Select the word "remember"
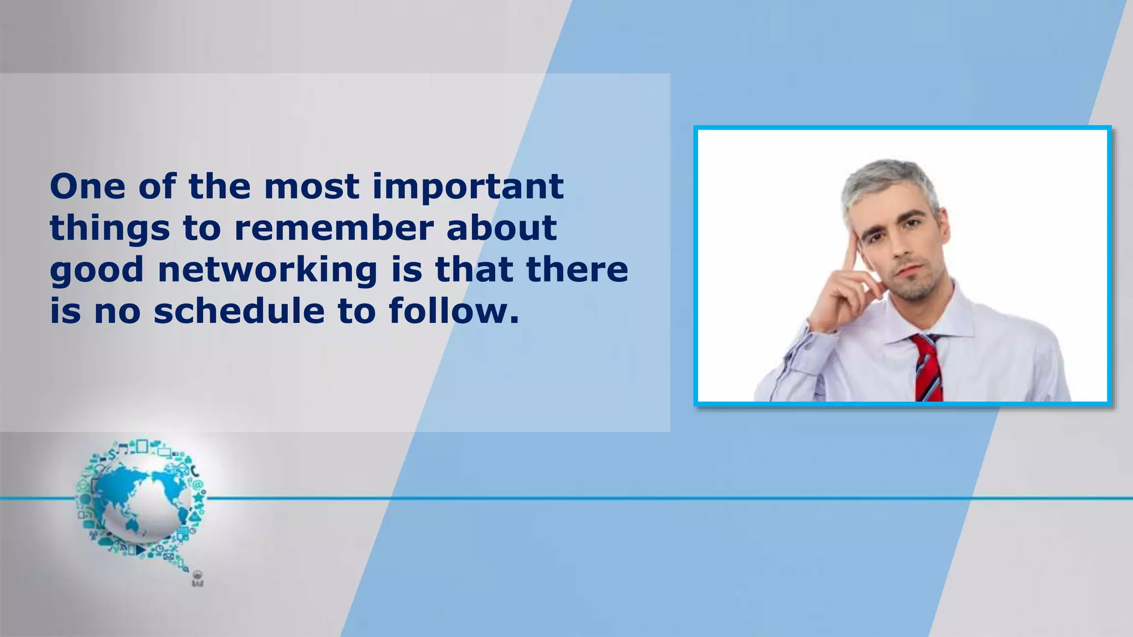click(333, 228)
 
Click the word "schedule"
click(238, 311)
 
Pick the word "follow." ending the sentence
click(454, 311)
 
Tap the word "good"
click(97, 270)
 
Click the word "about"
click(501, 228)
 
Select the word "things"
click(110, 228)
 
